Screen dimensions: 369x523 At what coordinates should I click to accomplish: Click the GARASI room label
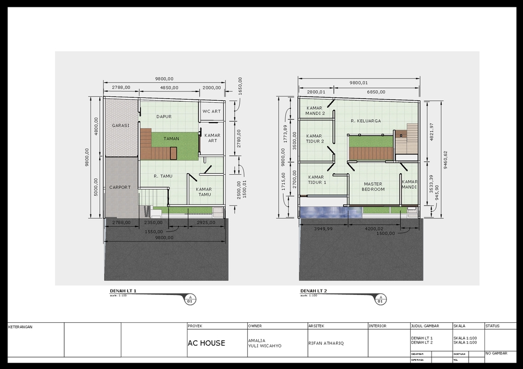click(x=121, y=125)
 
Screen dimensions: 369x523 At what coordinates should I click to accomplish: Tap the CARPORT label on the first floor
click(x=120, y=187)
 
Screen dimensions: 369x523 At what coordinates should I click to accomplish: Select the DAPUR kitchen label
click(x=164, y=116)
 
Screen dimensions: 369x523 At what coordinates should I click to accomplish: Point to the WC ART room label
click(x=211, y=112)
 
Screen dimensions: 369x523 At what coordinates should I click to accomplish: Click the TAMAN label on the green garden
click(x=171, y=139)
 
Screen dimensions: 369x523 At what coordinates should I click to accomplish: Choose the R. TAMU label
click(x=163, y=176)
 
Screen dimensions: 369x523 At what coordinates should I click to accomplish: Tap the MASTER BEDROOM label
click(x=373, y=187)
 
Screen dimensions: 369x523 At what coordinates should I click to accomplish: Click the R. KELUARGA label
click(x=366, y=121)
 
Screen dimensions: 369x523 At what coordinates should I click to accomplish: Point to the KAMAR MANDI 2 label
click(x=315, y=111)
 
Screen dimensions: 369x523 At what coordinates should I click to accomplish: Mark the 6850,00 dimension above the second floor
click(x=376, y=92)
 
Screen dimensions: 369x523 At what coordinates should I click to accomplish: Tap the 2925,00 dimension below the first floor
click(x=206, y=222)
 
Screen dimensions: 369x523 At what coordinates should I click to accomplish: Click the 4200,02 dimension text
click(x=374, y=229)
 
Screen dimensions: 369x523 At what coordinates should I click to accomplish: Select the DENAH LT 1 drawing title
click(x=123, y=291)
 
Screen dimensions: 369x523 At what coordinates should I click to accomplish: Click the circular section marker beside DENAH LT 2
click(x=381, y=299)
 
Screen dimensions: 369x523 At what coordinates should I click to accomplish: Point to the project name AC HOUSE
click(x=206, y=343)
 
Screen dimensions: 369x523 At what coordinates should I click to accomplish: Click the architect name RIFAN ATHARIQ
click(x=326, y=343)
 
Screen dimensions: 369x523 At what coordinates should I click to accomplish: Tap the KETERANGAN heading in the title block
click(x=21, y=327)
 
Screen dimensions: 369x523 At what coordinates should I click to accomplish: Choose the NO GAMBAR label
click(x=496, y=353)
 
